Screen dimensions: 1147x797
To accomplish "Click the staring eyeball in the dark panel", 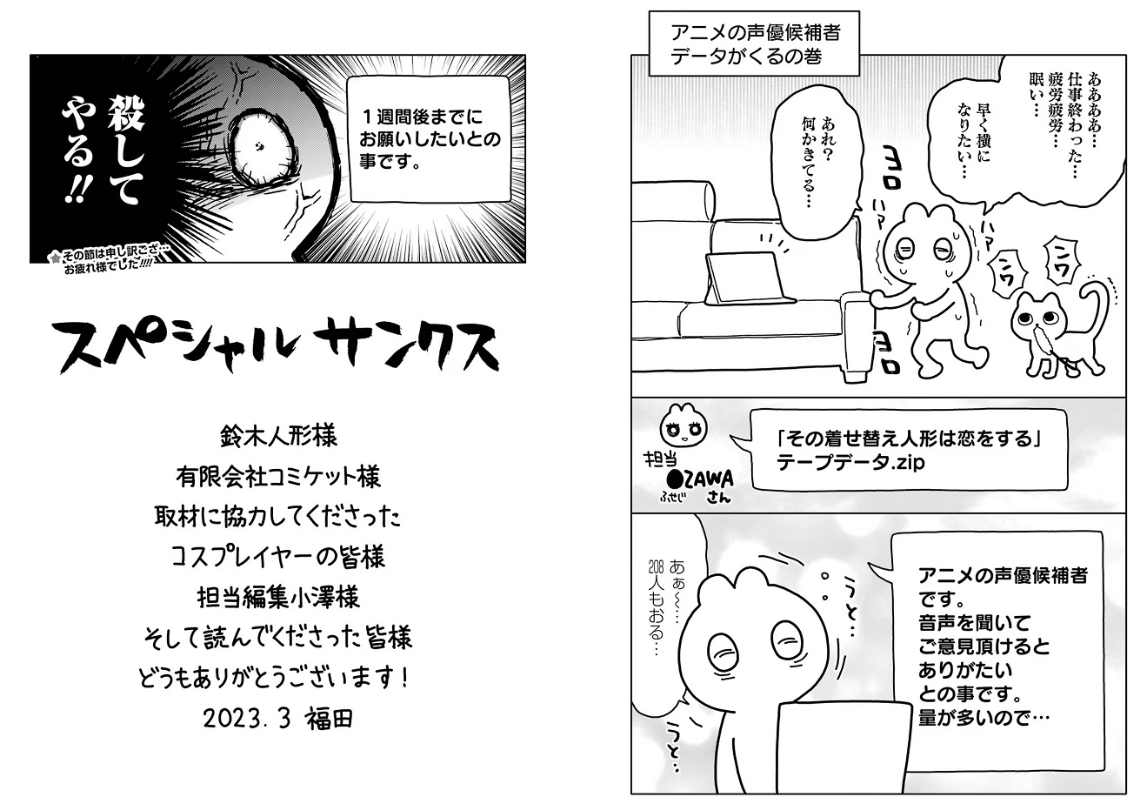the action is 261,149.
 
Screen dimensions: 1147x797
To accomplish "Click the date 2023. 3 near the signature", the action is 247,719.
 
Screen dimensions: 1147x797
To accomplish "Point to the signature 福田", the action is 330,719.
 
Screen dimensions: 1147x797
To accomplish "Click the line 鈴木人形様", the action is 279,437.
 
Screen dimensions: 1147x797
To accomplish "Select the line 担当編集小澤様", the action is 279,598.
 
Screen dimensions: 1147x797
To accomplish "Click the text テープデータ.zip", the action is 850,463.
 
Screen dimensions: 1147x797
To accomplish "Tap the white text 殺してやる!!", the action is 103,151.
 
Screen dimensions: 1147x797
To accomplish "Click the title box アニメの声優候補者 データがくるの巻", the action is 755,44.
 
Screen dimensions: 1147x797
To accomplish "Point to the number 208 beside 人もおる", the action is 656,567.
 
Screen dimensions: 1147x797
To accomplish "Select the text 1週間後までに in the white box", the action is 423,117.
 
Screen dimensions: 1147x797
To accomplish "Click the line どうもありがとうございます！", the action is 274,678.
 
